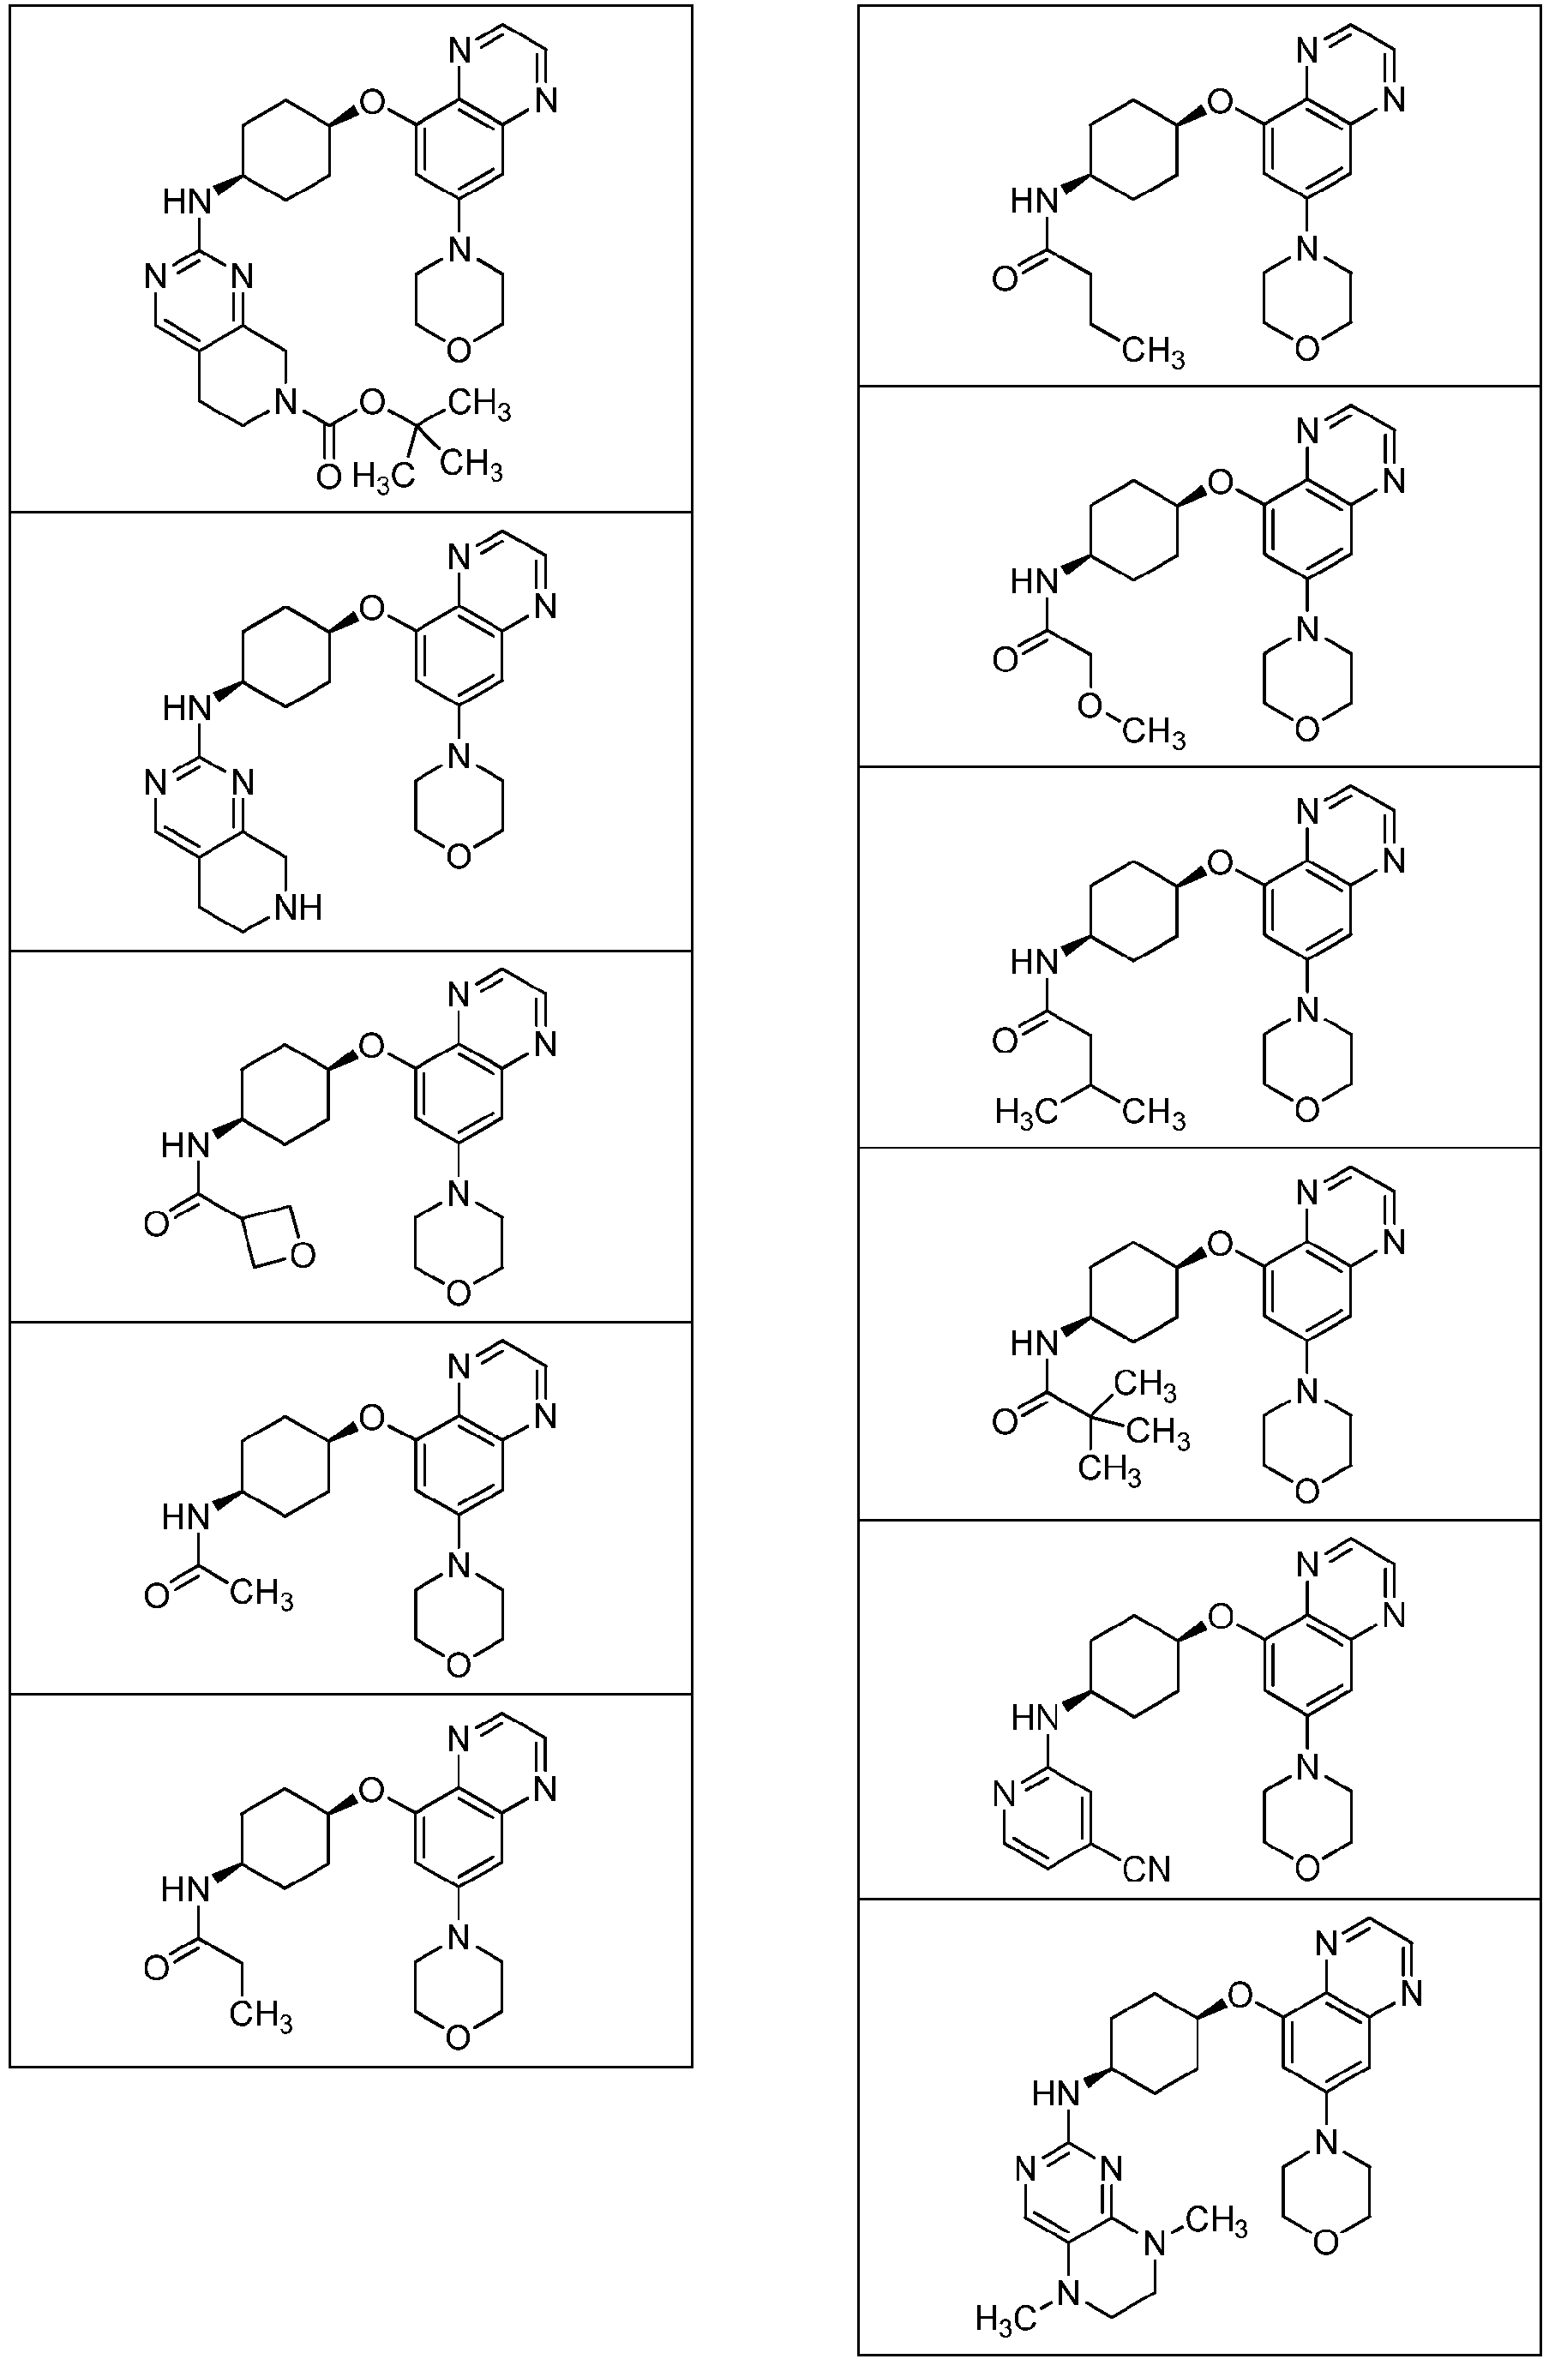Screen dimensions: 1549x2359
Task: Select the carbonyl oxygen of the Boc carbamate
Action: (328, 477)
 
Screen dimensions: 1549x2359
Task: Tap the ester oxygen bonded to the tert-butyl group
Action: (372, 401)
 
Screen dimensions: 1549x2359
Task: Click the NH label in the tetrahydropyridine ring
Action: (298, 907)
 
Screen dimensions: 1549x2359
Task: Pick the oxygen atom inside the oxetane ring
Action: (304, 1256)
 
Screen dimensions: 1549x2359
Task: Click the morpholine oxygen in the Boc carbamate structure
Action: (458, 350)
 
